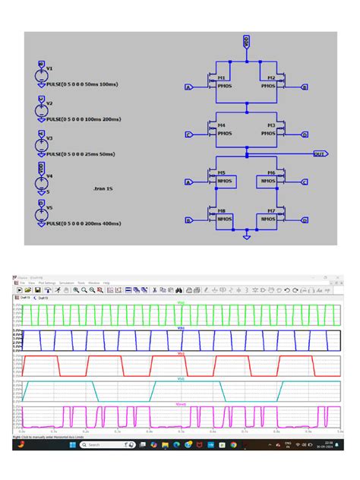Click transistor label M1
tap(223, 78)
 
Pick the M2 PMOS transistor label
tap(270, 78)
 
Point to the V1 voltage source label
tap(49, 68)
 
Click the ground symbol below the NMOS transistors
tap(246, 237)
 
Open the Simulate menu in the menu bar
tap(67, 283)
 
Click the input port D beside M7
tap(305, 220)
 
